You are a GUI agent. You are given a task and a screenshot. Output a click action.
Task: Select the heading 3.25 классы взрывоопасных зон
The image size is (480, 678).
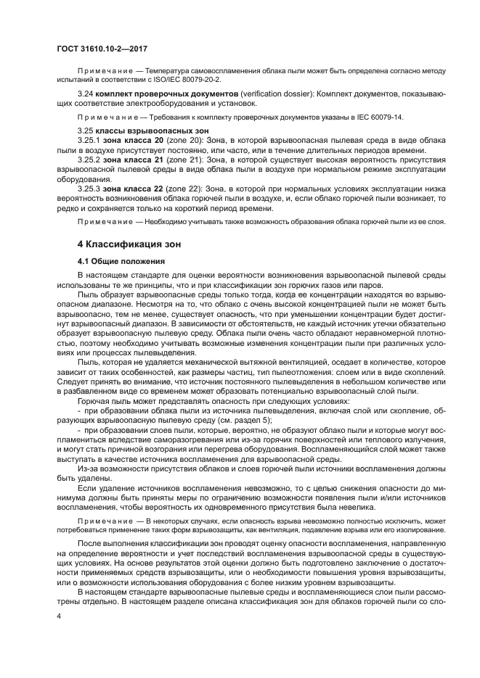(x=129, y=131)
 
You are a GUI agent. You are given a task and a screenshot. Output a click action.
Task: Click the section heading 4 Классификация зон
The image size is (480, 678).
(x=128, y=244)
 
